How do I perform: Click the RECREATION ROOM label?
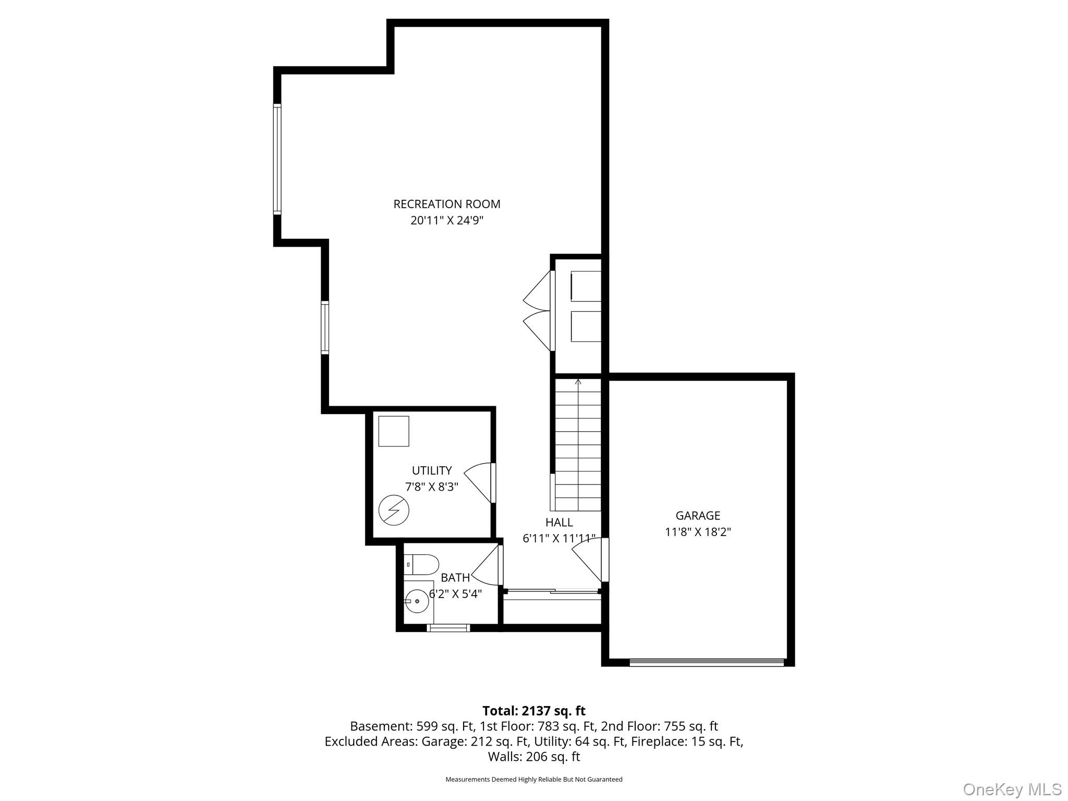[x=446, y=204]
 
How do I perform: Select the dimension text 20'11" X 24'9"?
[x=446, y=221]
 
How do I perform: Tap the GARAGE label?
[x=697, y=515]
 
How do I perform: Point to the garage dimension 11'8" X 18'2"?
[x=697, y=532]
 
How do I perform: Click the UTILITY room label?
[x=431, y=470]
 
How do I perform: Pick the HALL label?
[x=559, y=522]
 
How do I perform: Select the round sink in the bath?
[x=417, y=601]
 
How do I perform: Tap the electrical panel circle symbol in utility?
[x=394, y=510]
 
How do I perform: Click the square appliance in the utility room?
[x=394, y=431]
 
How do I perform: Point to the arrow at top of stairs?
[x=578, y=382]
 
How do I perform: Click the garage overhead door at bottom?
[x=707, y=662]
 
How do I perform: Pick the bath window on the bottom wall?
[x=448, y=627]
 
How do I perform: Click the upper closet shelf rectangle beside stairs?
[x=586, y=286]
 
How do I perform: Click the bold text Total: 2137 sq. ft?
[x=533, y=711]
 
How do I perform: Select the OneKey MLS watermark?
[x=1012, y=789]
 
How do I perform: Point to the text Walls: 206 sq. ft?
[x=533, y=756]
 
